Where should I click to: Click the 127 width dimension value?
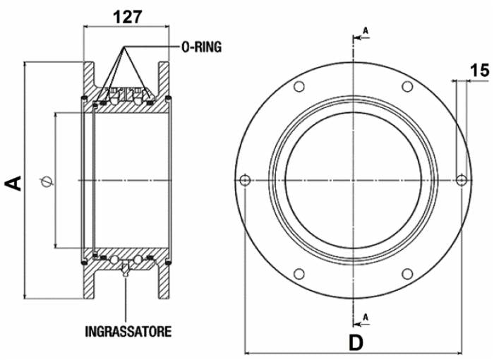coord(128,17)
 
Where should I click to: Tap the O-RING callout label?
coord(202,47)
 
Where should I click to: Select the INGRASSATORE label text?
coord(128,331)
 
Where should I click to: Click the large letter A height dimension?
coord(13,183)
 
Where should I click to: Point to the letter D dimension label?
coord(356,343)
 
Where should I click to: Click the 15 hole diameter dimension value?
coord(480,71)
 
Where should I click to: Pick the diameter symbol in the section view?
coord(47,182)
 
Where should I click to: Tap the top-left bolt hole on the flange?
coord(299,86)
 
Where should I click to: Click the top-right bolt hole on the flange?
coord(407,86)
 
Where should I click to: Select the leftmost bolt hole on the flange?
coord(245,180)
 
